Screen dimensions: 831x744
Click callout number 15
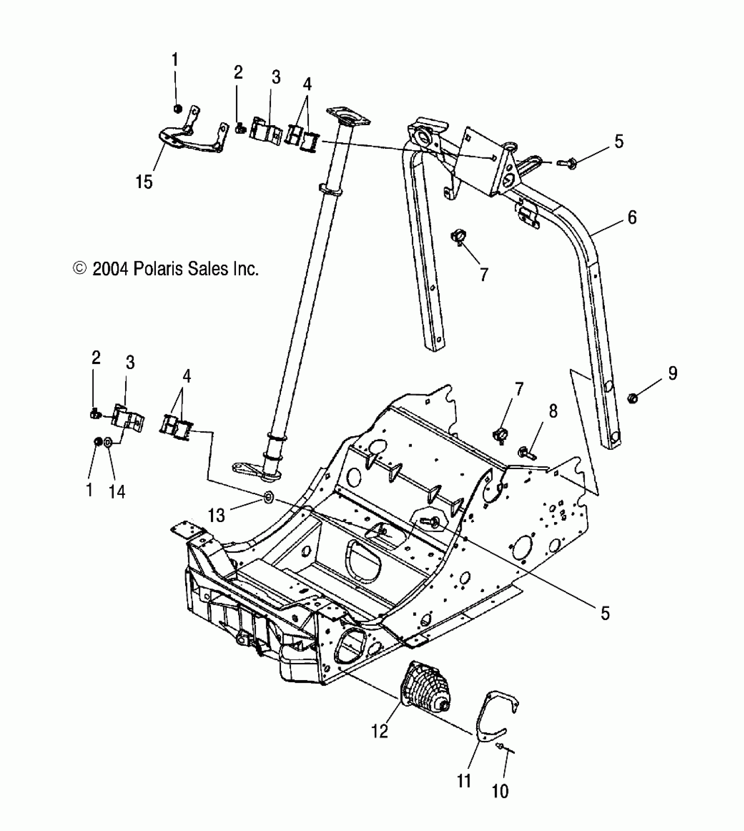[144, 181]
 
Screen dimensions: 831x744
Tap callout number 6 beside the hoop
[632, 217]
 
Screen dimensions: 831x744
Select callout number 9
[672, 373]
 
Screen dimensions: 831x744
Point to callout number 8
[553, 411]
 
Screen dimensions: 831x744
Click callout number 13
[216, 515]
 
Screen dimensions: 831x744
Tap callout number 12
[380, 731]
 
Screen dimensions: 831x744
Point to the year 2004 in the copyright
[111, 268]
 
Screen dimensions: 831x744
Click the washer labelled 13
[268, 497]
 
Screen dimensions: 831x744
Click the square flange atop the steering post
[348, 117]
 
